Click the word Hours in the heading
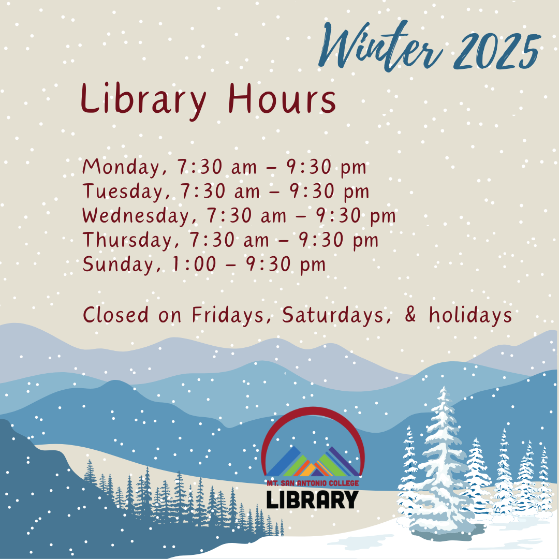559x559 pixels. (x=282, y=98)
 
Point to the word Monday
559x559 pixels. (x=122, y=167)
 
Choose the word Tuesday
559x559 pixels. (x=123, y=192)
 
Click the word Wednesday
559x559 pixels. (x=137, y=216)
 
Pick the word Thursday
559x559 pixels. (x=128, y=240)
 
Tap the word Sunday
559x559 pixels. (x=119, y=264)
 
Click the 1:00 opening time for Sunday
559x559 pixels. (x=194, y=264)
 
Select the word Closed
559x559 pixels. (x=115, y=315)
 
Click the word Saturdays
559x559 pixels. (x=333, y=315)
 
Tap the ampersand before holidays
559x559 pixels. (x=410, y=315)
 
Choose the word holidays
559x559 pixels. (x=470, y=316)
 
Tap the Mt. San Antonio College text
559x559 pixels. (x=313, y=483)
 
